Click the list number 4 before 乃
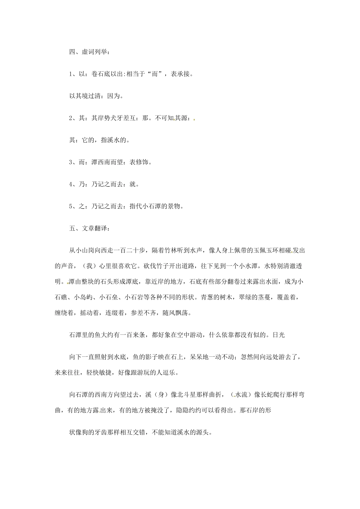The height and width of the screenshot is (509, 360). point(71,184)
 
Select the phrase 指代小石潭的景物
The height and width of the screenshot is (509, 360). point(155,206)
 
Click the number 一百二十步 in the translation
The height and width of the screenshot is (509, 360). point(129,250)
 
